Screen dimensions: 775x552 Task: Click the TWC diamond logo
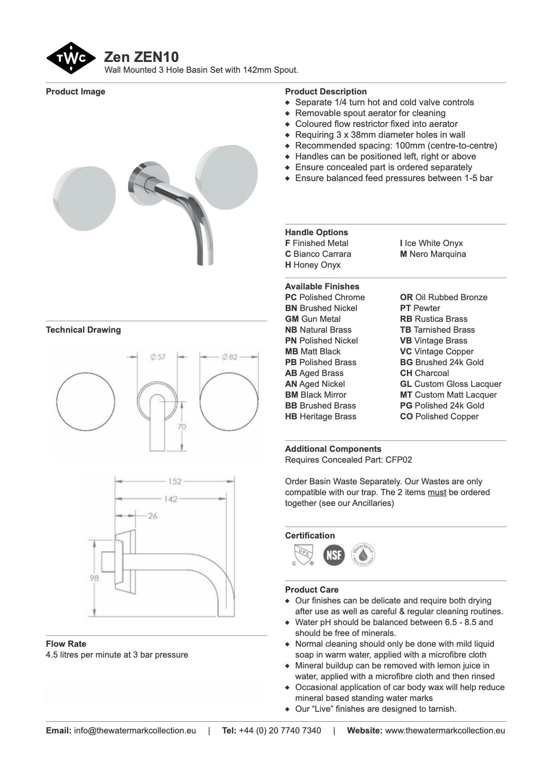click(x=71, y=58)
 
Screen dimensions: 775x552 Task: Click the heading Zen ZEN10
click(x=141, y=57)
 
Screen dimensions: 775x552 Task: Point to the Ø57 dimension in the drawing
click(x=158, y=357)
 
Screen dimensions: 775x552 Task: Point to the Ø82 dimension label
click(x=229, y=357)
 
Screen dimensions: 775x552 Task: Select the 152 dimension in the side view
click(x=174, y=481)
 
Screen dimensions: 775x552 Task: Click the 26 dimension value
click(x=152, y=516)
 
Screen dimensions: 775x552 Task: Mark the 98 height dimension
click(x=94, y=578)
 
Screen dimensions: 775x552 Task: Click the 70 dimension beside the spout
click(x=182, y=427)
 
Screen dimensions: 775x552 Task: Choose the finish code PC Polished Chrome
click(x=325, y=297)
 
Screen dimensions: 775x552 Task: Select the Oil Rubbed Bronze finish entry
click(x=443, y=297)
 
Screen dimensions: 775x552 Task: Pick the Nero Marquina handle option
click(x=433, y=254)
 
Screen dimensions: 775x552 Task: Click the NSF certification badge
click(x=334, y=554)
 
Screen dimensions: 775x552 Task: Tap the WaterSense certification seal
click(x=363, y=554)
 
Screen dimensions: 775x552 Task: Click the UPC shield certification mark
click(x=303, y=554)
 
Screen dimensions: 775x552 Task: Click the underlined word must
click(x=437, y=492)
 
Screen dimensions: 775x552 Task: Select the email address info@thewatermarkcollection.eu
click(x=135, y=730)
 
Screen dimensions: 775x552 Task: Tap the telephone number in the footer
click(x=280, y=730)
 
